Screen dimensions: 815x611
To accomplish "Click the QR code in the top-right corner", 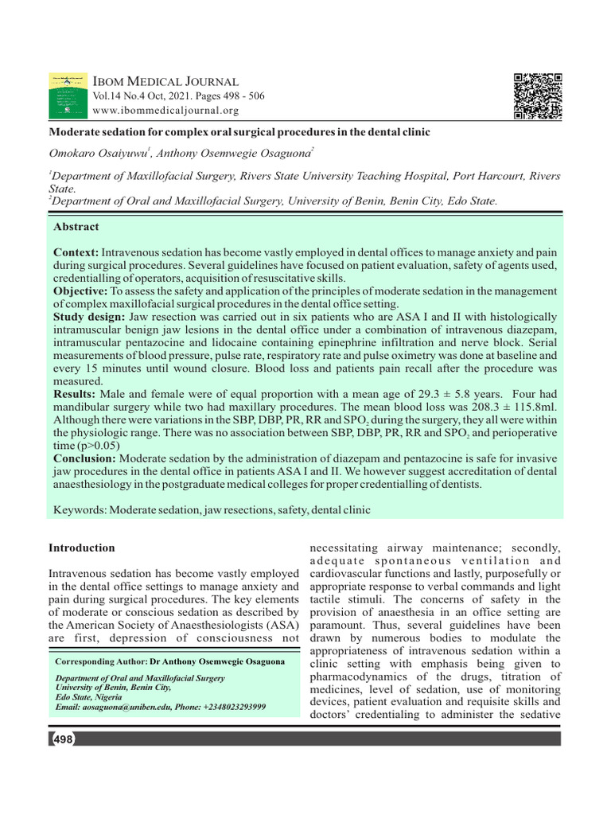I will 538,96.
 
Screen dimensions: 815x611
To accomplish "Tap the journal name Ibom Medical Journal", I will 166,81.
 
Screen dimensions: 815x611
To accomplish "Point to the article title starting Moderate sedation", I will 239,131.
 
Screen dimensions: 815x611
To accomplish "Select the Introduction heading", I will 81,548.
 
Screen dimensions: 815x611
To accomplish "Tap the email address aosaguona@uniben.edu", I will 135,707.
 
